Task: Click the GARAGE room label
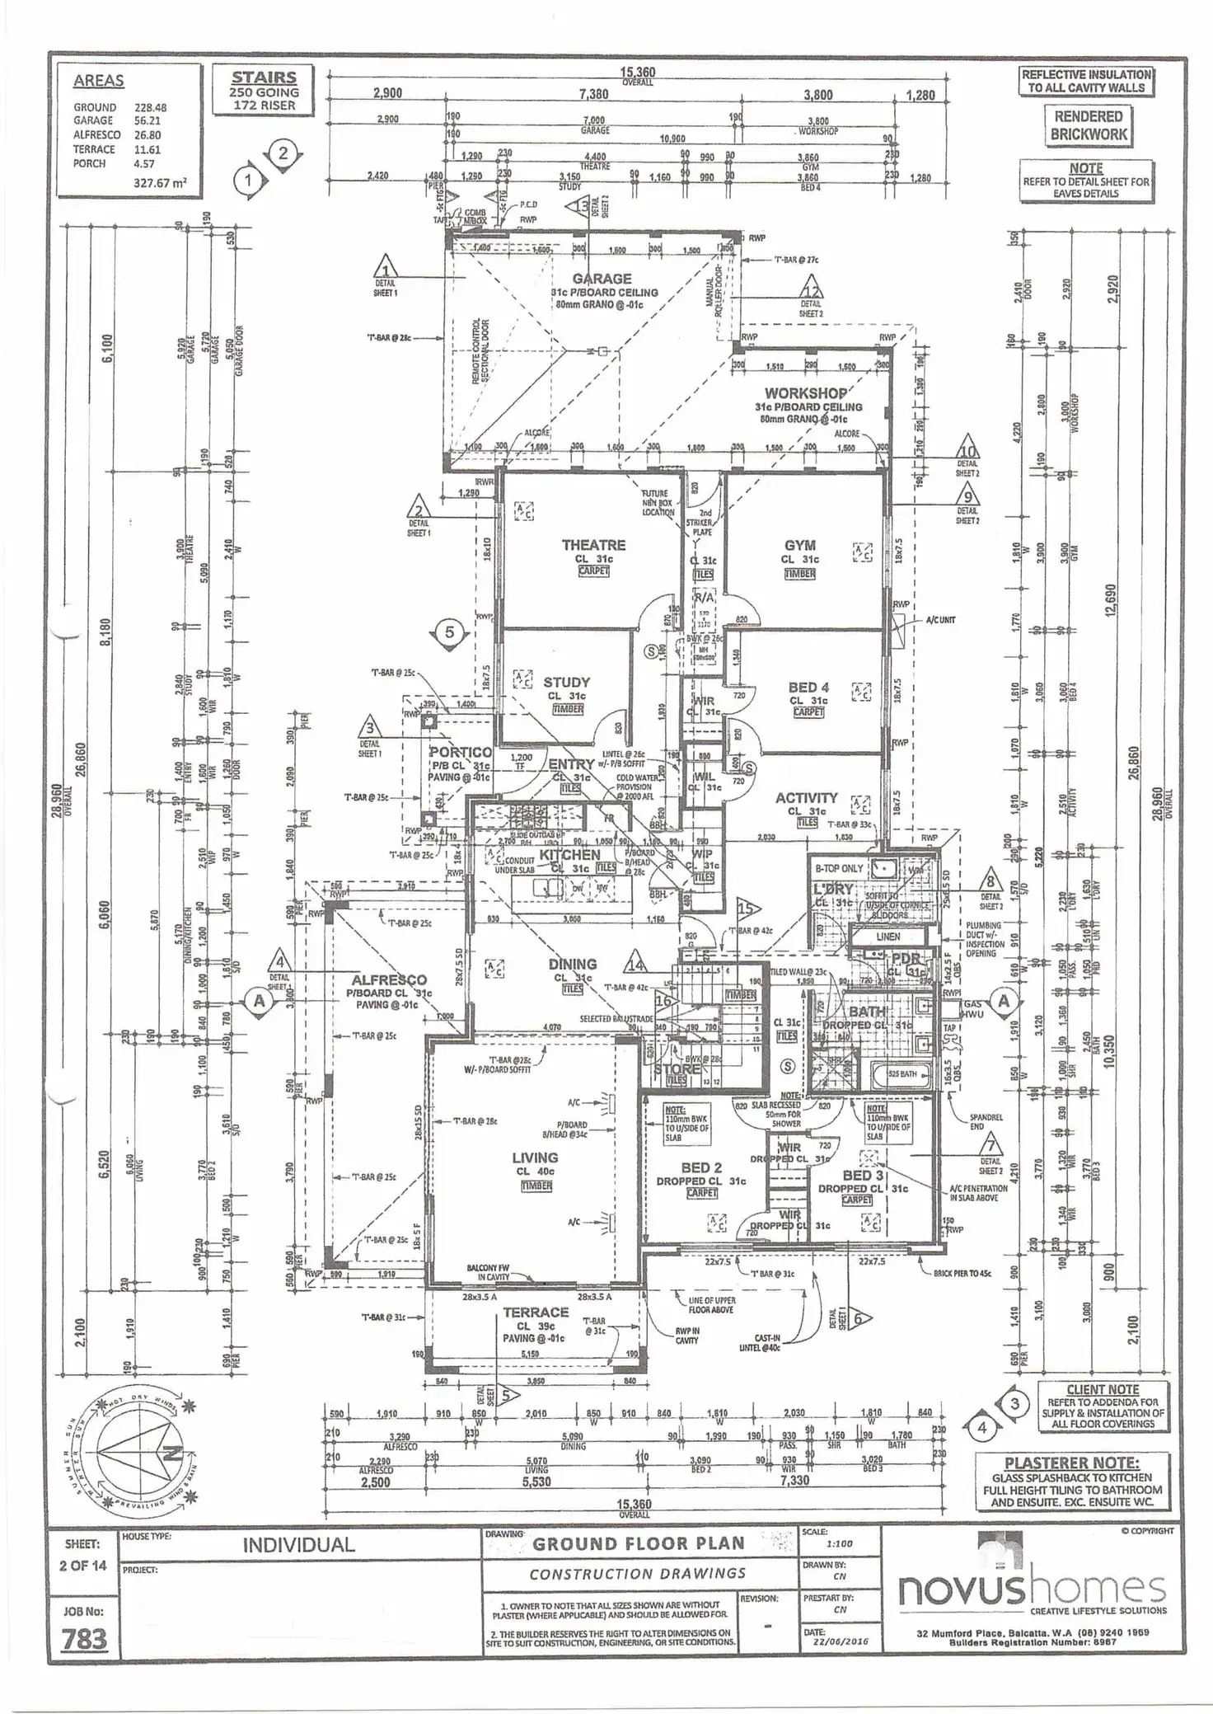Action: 602,279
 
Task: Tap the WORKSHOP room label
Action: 805,393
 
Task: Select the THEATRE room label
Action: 593,545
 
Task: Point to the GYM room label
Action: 799,545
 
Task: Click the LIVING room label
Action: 535,1158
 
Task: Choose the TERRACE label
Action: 536,1312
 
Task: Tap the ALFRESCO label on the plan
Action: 389,980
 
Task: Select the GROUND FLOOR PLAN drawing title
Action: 638,1543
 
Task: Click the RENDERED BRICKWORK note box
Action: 1088,125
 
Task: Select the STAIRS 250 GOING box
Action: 264,91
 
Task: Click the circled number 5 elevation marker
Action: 449,632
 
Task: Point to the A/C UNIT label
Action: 940,619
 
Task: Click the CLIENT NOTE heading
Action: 1102,1389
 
